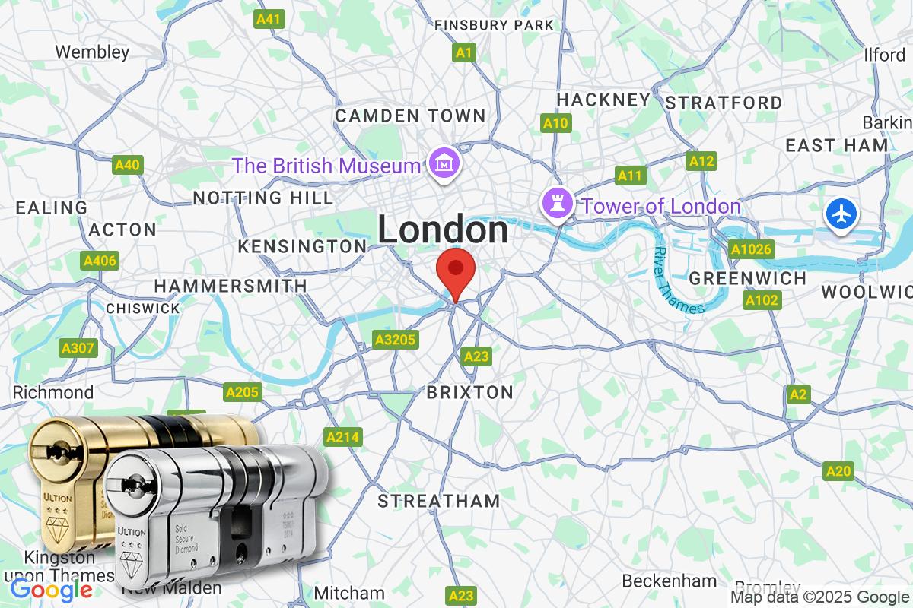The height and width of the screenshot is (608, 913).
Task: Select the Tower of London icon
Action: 555,204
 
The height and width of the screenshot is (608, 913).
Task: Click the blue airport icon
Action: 841,214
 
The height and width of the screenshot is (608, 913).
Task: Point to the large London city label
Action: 443,230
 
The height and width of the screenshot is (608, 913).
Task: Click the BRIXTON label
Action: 469,392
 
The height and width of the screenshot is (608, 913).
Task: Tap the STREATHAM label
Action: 439,501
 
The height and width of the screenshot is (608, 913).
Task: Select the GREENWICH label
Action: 747,278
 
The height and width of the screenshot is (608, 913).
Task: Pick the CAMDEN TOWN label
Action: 410,116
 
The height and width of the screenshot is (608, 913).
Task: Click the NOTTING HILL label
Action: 263,198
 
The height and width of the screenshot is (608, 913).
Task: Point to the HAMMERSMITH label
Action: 231,286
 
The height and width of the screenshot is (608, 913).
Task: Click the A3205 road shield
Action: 396,340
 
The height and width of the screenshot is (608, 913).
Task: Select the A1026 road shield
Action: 751,249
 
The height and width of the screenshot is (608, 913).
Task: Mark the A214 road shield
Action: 343,437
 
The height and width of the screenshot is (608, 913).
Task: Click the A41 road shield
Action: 269,19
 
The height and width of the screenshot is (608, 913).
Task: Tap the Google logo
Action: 51,589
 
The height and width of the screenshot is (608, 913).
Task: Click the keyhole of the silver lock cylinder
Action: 136,483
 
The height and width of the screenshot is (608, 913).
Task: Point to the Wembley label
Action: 93,52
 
